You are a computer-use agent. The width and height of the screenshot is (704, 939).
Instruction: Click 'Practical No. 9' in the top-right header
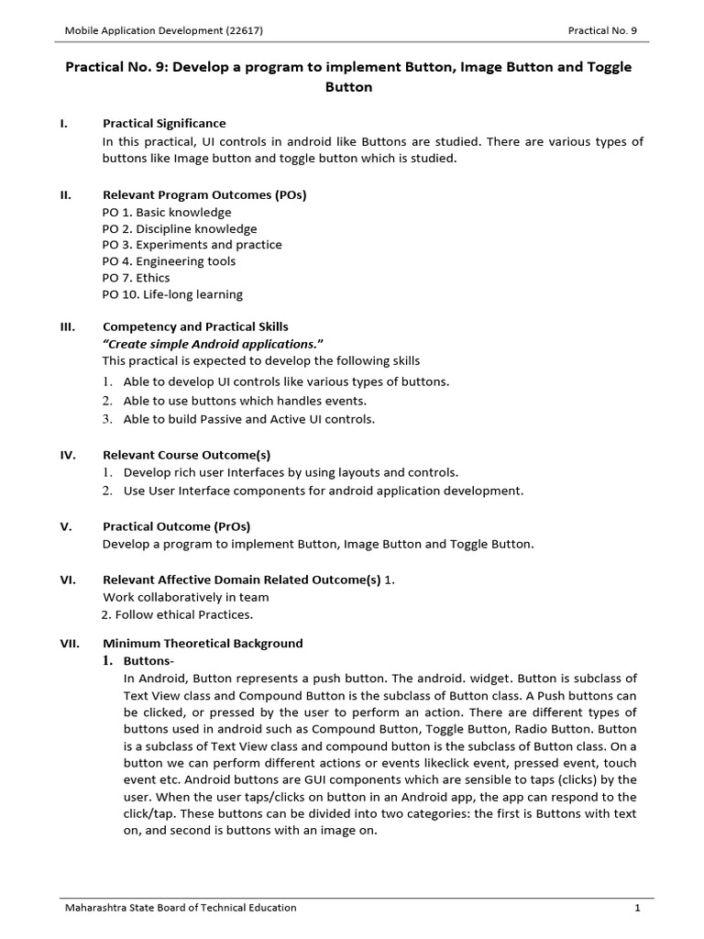coord(601,30)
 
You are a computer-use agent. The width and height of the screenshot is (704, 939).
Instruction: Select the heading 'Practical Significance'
coord(164,123)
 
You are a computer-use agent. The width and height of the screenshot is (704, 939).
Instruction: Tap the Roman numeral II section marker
coord(66,195)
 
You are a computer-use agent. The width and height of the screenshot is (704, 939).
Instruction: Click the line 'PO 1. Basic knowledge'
coord(167,212)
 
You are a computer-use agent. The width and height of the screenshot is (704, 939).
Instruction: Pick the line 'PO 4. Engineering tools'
coord(169,261)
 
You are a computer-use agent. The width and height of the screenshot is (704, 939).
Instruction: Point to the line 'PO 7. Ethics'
coord(136,278)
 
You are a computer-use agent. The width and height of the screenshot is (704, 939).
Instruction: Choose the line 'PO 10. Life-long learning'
coord(172,294)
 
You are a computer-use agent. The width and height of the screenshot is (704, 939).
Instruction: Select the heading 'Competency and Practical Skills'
coord(195,326)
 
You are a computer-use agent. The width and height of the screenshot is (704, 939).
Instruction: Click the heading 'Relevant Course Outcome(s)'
coord(186,455)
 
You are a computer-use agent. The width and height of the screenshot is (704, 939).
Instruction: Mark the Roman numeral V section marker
coord(66,526)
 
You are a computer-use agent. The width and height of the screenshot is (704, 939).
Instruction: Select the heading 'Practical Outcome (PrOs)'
coord(176,526)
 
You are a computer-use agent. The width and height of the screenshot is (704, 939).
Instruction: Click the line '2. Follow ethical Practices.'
coord(176,614)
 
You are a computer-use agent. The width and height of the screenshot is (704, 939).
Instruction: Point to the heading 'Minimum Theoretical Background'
coord(203,644)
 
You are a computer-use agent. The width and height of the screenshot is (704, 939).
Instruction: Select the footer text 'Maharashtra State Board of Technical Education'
coord(180,908)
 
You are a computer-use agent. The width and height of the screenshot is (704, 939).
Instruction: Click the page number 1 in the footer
coord(636,908)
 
